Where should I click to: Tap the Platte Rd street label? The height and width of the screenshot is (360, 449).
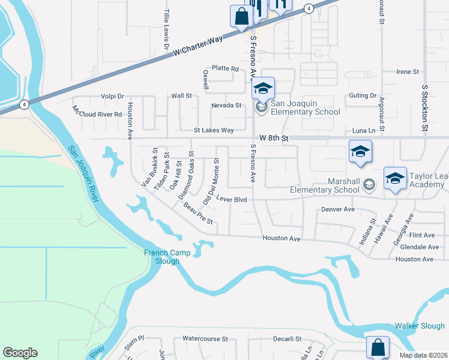click(x=225, y=69)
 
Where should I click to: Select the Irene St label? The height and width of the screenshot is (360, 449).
click(x=408, y=72)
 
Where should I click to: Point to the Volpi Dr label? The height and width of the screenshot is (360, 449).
click(x=112, y=95)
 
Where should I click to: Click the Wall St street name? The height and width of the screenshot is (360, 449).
click(x=181, y=95)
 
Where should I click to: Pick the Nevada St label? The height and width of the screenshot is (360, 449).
click(x=226, y=106)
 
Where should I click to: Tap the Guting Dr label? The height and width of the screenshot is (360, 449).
click(x=363, y=95)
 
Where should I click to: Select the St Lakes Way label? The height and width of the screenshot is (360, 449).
click(x=213, y=130)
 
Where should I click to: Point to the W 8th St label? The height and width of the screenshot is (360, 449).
click(x=271, y=138)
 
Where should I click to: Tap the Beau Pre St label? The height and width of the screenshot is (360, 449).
click(x=199, y=213)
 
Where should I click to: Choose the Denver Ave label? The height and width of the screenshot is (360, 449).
click(x=338, y=209)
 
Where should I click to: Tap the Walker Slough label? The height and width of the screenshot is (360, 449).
click(x=420, y=326)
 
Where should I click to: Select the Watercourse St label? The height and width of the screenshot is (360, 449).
click(x=206, y=339)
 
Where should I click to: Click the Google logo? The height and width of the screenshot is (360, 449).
click(x=20, y=353)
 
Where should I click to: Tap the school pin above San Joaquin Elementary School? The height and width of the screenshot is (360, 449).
click(x=263, y=89)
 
